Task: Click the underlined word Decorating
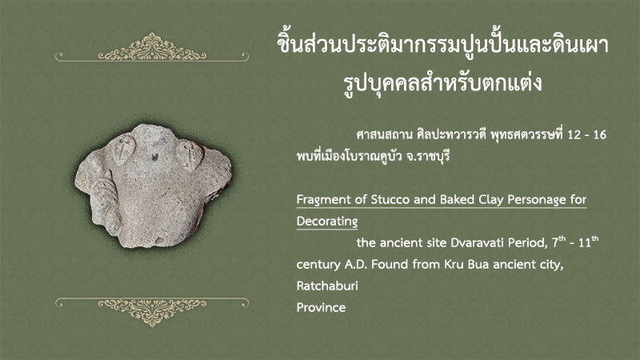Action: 327,222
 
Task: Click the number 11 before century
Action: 585,243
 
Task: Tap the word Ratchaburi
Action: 327,286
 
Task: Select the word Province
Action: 321,307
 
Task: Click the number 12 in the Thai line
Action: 574,134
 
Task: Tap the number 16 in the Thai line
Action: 599,134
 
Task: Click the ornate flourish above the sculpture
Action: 152,48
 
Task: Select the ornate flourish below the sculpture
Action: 152,312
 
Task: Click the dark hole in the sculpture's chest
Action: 155,156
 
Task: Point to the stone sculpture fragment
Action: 153,186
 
